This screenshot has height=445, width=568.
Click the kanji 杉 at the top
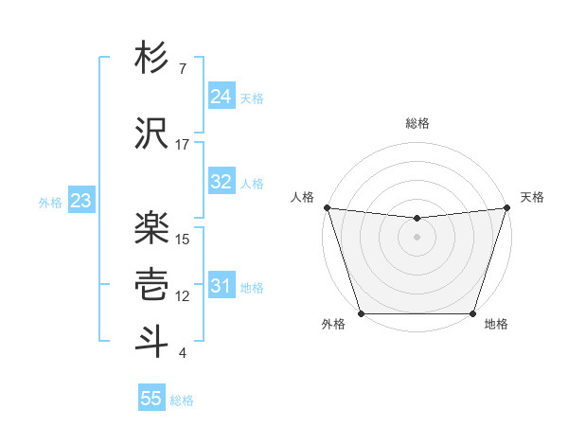point(152,59)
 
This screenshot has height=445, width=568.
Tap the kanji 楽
point(152,228)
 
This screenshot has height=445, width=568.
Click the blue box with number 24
point(221,97)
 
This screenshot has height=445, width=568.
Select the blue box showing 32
point(221,182)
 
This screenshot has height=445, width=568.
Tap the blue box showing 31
point(221,286)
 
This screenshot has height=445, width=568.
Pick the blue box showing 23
point(80,201)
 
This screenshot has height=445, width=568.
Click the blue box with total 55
point(151,399)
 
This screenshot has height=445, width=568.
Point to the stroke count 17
point(182,145)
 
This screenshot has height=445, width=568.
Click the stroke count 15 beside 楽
point(183,240)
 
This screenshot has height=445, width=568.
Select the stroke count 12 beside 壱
point(183,296)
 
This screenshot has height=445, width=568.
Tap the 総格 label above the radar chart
point(417,123)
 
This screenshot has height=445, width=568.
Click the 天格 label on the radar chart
point(532,197)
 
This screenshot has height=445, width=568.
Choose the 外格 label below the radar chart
point(333,325)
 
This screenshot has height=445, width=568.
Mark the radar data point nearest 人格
point(327,207)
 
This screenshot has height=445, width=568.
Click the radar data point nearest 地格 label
point(472,313)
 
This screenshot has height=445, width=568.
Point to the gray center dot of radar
point(417,237)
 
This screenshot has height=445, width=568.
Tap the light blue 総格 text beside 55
point(182,400)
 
